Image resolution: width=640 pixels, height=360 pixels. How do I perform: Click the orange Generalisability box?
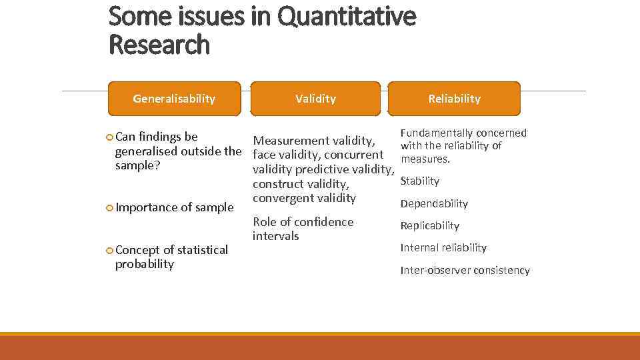pyautogui.click(x=174, y=99)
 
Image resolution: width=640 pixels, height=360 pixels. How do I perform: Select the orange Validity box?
pyautogui.click(x=315, y=99)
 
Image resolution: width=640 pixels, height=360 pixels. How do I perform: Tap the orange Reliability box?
pyautogui.click(x=454, y=99)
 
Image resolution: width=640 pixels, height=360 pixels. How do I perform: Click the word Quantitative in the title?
pyautogui.click(x=346, y=16)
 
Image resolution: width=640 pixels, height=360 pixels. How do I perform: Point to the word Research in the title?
pyautogui.click(x=159, y=45)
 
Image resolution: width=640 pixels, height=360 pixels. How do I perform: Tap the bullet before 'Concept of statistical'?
pyautogui.click(x=110, y=250)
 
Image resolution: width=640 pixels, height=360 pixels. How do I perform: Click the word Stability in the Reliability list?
pyautogui.click(x=419, y=181)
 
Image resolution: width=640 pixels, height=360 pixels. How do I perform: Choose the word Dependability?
pyautogui.click(x=434, y=203)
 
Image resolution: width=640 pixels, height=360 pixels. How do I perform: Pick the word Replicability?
pyautogui.click(x=429, y=226)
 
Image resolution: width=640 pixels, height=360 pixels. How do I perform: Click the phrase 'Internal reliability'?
pyautogui.click(x=443, y=248)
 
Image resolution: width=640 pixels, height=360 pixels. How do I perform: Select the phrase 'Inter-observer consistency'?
pyautogui.click(x=465, y=270)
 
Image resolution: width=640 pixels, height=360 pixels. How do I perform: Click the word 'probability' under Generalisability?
pyautogui.click(x=144, y=264)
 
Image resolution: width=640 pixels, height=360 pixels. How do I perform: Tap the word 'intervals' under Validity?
pyautogui.click(x=275, y=236)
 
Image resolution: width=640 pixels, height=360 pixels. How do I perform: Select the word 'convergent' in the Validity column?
pyautogui.click(x=283, y=198)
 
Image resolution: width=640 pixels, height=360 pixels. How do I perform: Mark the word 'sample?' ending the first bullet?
pyautogui.click(x=137, y=165)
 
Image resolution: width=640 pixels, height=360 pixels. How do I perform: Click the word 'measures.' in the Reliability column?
pyautogui.click(x=425, y=159)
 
